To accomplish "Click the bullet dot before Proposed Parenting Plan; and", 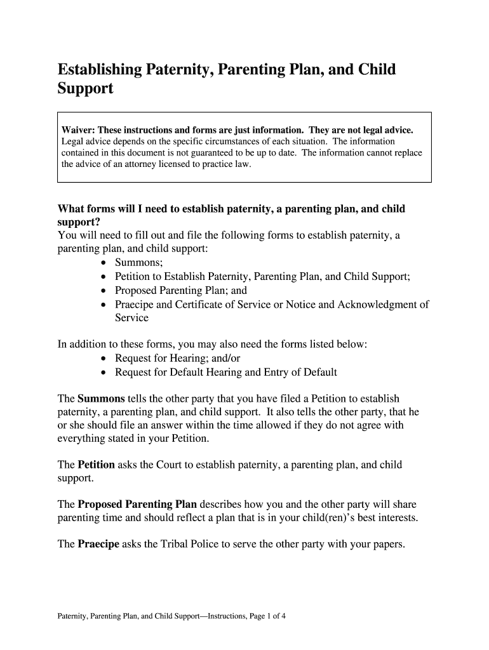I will point(104,291).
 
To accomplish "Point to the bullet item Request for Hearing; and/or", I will point(177,359).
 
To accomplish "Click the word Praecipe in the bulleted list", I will point(136,305).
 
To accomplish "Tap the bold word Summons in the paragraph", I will point(101,399).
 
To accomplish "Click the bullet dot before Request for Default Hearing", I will point(104,373).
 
